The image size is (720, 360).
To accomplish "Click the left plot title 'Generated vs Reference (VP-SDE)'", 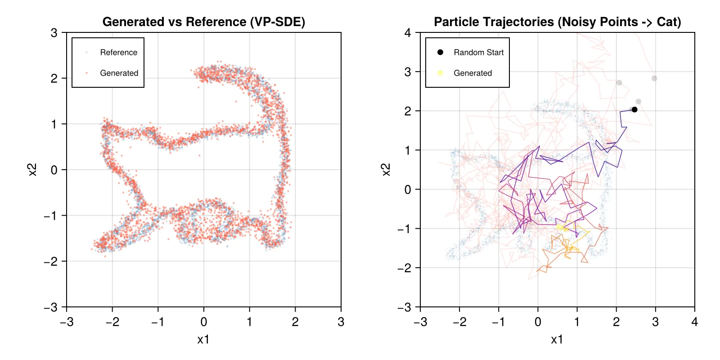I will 204,22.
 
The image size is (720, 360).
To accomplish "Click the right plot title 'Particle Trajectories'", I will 557,22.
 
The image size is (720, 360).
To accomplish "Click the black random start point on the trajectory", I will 634,109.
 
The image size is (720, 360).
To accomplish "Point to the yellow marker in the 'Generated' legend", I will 440,73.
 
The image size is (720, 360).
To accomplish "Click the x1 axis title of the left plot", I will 203,340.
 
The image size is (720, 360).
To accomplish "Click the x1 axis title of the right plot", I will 557,340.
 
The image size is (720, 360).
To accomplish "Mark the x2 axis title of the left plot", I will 32,170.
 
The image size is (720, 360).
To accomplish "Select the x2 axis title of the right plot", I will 386,170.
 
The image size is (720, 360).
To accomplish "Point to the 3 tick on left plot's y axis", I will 54,33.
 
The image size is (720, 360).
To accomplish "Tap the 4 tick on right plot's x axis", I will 694,322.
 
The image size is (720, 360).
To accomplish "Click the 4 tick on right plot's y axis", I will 408,33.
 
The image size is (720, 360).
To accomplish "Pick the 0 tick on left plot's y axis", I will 54,170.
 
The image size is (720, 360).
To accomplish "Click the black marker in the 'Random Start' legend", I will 440,52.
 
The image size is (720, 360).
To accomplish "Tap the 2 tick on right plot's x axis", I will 616,322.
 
